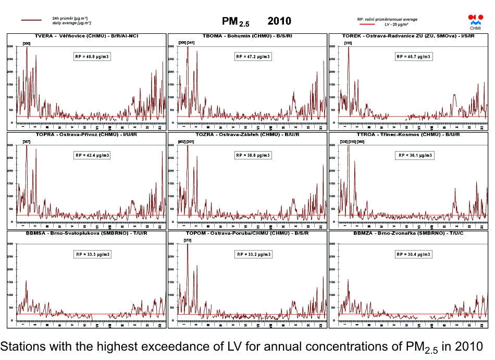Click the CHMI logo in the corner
pyautogui.click(x=476, y=21)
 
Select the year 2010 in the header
pyautogui.click(x=279, y=21)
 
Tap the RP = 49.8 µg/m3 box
pyautogui.click(x=92, y=56)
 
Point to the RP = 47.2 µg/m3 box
pyautogui.click(x=253, y=56)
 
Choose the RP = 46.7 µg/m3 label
pyautogui.click(x=414, y=56)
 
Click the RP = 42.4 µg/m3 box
pyautogui.click(x=92, y=155)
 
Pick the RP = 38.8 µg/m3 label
pyautogui.click(x=253, y=155)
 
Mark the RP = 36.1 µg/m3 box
pyautogui.click(x=415, y=155)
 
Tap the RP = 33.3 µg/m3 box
pyautogui.click(x=92, y=254)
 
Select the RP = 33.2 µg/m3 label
pyautogui.click(x=253, y=254)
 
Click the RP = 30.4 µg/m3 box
pyautogui.click(x=414, y=254)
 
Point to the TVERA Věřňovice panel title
pyautogui.click(x=86, y=36)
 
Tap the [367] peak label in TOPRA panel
pyautogui.click(x=27, y=142)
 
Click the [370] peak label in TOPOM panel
pyautogui.click(x=188, y=240)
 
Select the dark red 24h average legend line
pyautogui.click(x=31, y=20)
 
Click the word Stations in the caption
pyautogui.click(x=20, y=346)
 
